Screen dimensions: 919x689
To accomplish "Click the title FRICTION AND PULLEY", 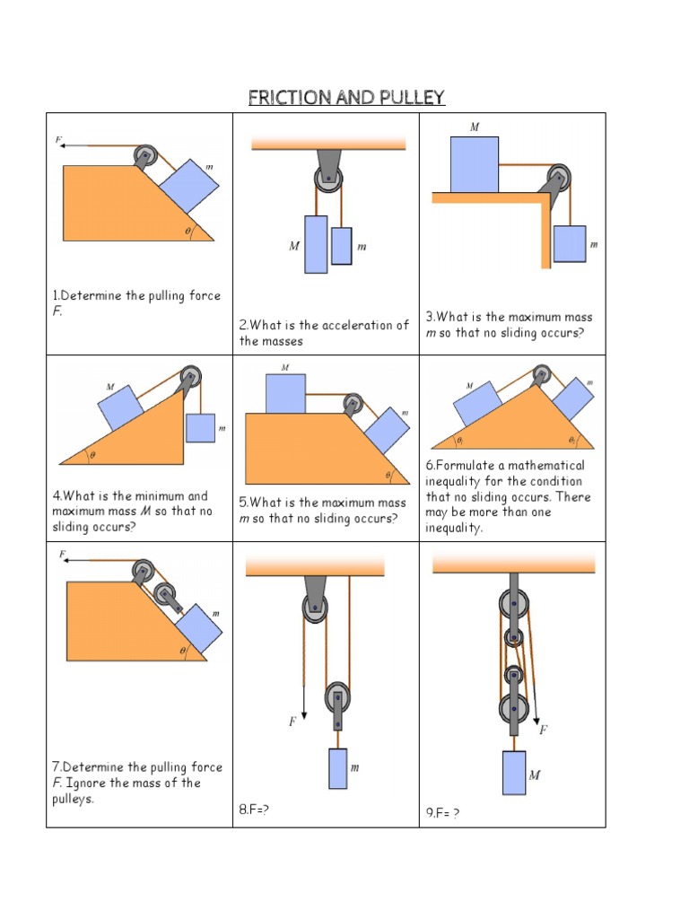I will tap(346, 98).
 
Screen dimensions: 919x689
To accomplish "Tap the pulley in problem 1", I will tap(146, 158).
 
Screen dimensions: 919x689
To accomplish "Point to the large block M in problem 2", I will tap(316, 243).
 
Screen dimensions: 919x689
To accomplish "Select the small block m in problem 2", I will tap(341, 246).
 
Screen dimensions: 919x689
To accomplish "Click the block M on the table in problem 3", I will tap(474, 164).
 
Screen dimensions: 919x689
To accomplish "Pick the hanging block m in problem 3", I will tap(569, 244).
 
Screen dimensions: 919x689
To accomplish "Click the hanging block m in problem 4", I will tap(200, 428).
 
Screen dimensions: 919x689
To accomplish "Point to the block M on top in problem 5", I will tap(285, 393).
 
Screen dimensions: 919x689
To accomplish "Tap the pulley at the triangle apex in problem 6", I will tap(540, 374).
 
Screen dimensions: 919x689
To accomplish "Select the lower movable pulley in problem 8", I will tap(337, 698).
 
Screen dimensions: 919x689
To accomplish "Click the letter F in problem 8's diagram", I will tap(293, 722).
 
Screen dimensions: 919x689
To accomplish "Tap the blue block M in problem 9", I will tap(514, 773).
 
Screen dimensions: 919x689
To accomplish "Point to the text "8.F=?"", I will tap(254, 810).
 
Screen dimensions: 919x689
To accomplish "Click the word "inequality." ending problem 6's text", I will tap(454, 528).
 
